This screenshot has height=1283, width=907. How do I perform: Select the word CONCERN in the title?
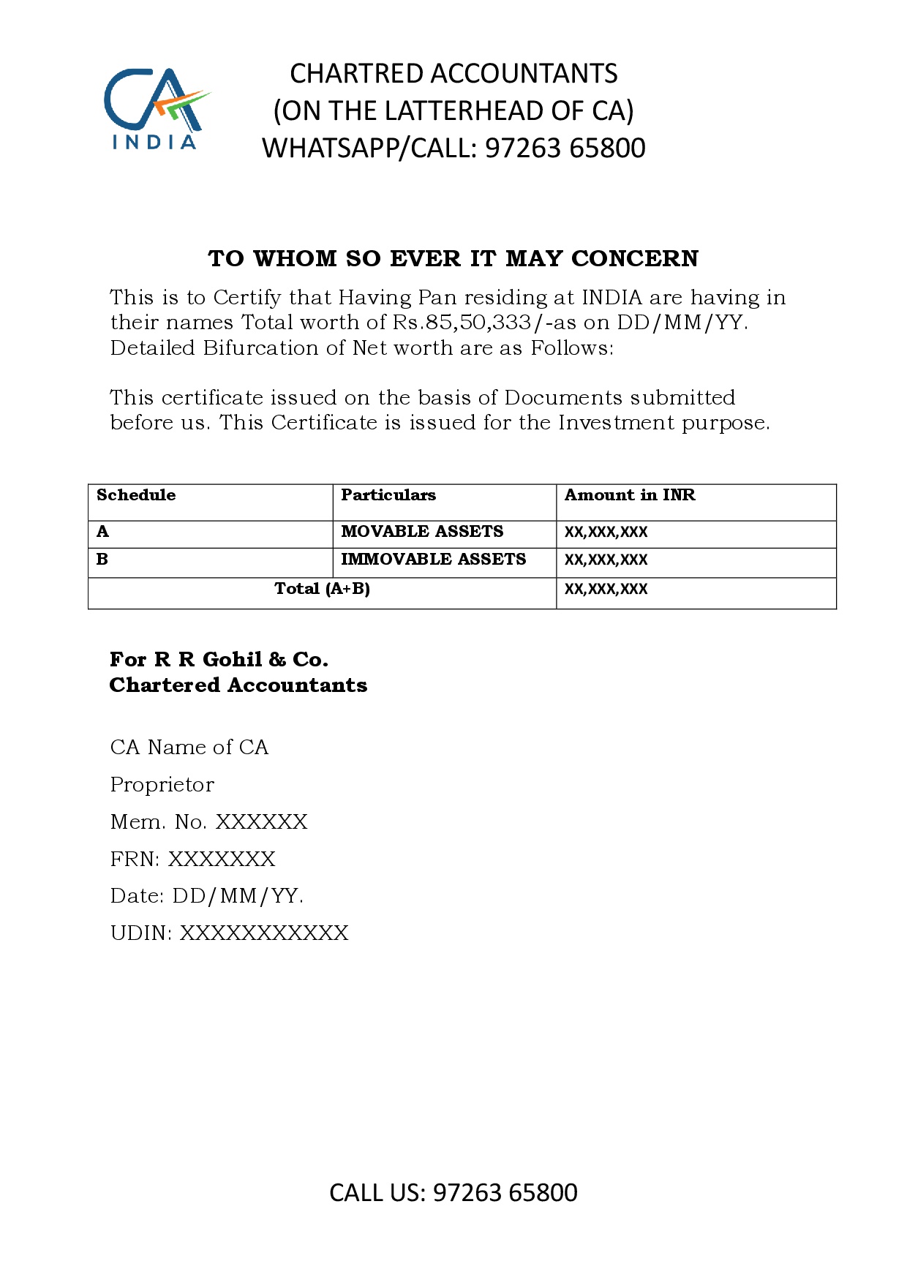pyautogui.click(x=635, y=258)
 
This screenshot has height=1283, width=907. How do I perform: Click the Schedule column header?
pyautogui.click(x=136, y=495)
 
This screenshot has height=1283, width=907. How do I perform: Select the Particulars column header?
pyautogui.click(x=388, y=495)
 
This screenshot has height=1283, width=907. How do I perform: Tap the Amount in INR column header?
pyautogui.click(x=630, y=495)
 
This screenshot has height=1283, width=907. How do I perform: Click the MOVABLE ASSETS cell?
pyautogui.click(x=422, y=532)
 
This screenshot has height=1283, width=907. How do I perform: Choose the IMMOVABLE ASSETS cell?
pyautogui.click(x=433, y=560)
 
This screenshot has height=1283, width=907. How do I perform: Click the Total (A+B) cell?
pyautogui.click(x=322, y=589)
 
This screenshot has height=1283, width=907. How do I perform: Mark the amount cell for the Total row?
pyautogui.click(x=606, y=590)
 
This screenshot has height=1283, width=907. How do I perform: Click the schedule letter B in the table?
pyautogui.click(x=102, y=560)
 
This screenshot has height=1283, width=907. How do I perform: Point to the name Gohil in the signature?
pyautogui.click(x=232, y=660)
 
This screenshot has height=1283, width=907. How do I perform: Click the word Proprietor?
pyautogui.click(x=162, y=785)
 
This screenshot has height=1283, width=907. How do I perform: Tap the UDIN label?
pyautogui.click(x=141, y=933)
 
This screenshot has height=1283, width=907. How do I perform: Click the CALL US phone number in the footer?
pyautogui.click(x=505, y=1193)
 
